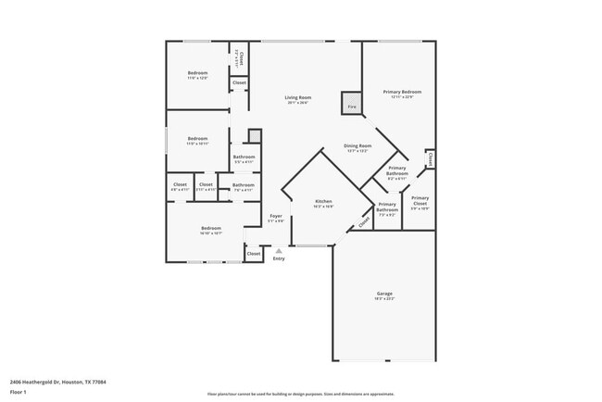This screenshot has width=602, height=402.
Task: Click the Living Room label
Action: (x=296, y=97)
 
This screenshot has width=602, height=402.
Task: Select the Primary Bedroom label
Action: (x=402, y=93)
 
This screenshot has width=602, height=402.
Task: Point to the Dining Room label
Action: (x=357, y=146)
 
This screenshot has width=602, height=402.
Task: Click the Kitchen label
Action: (x=323, y=202)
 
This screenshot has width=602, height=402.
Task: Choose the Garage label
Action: (x=384, y=294)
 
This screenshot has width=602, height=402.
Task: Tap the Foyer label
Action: (x=276, y=217)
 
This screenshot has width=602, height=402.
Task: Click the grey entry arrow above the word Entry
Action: (x=279, y=250)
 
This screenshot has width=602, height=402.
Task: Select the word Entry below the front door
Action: (x=279, y=258)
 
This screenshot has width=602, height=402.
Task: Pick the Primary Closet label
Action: (x=420, y=199)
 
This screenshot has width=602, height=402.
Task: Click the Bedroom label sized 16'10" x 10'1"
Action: (x=211, y=229)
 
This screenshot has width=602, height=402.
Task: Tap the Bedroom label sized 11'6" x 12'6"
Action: (x=197, y=73)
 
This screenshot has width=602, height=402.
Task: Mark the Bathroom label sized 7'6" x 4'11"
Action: (x=243, y=185)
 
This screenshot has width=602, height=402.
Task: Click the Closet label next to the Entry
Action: (x=253, y=253)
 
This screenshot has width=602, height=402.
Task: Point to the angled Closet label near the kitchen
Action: (x=363, y=220)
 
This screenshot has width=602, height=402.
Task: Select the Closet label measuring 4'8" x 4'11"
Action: (x=180, y=185)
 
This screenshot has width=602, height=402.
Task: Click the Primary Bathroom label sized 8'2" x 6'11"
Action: (x=396, y=171)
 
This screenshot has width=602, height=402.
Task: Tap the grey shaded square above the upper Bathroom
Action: (x=255, y=136)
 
